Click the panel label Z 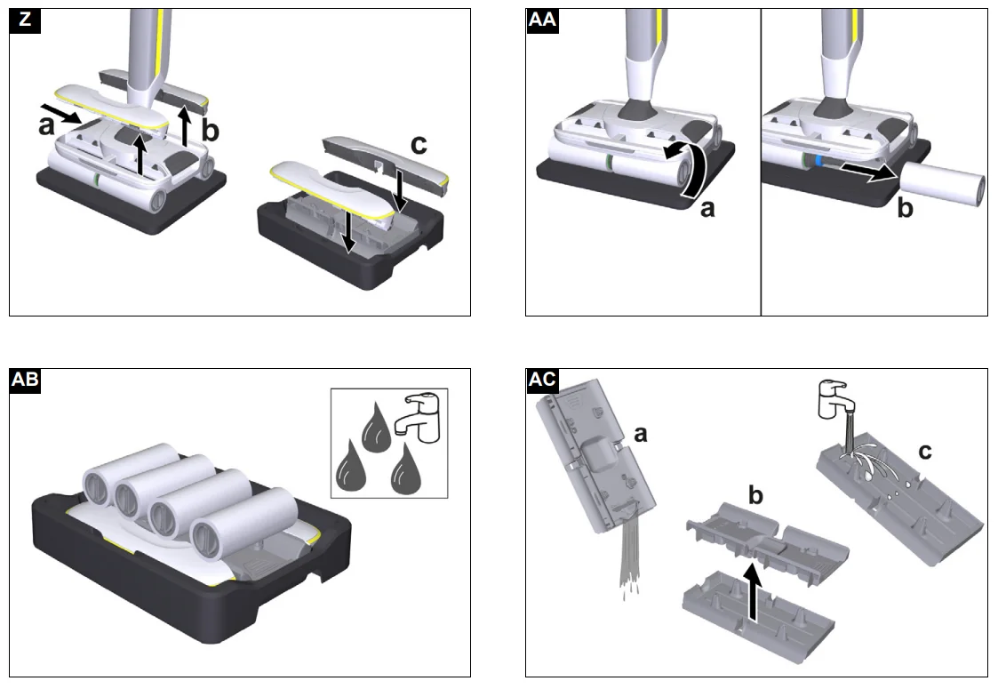click(25, 20)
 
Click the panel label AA click(542, 20)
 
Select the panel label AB click(26, 381)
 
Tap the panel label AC click(542, 381)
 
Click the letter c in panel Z click(419, 145)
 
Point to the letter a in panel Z click(46, 126)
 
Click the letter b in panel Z click(210, 131)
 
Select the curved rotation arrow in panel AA click(691, 167)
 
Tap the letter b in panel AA click(905, 208)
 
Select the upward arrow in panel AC click(753, 592)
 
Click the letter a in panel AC click(640, 434)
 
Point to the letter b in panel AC click(755, 495)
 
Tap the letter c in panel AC click(925, 452)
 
